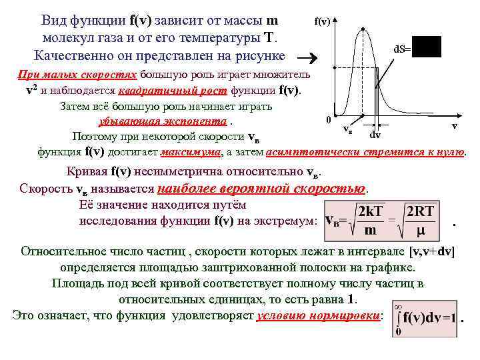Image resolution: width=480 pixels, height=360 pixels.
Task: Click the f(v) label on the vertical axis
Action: click(x=322, y=22)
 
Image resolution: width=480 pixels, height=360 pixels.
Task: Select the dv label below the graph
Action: click(x=375, y=135)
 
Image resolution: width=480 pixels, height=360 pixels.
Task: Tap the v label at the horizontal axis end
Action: click(x=454, y=125)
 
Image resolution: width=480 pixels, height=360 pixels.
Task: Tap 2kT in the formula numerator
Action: click(x=370, y=211)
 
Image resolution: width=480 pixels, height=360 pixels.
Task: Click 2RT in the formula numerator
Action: click(x=420, y=211)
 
